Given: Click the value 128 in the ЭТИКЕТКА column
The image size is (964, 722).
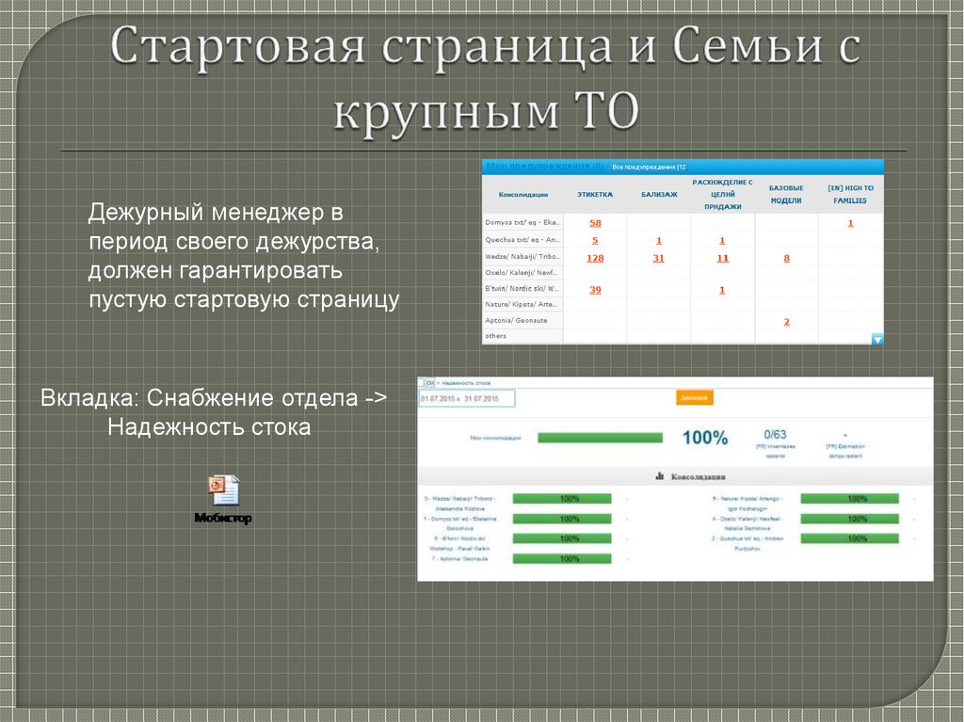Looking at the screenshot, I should [595, 257].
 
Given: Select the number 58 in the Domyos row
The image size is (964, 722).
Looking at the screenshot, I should [595, 223].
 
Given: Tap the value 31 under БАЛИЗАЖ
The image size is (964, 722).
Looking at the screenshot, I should [659, 257].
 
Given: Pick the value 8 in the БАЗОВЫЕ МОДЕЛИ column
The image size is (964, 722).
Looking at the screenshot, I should [786, 257].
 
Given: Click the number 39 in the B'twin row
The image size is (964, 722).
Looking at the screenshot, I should [595, 290].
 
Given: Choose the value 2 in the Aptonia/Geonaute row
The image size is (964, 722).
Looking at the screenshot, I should [786, 322].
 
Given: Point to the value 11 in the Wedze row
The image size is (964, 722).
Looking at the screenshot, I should [722, 257].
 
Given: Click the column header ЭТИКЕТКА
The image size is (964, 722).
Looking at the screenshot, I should [595, 194].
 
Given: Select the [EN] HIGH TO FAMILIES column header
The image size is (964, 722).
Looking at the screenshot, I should [850, 194].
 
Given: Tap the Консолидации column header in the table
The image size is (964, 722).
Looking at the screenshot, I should [522, 194].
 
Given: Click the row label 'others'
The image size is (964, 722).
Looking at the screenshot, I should [495, 336].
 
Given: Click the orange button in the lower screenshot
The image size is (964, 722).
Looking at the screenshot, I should [694, 397].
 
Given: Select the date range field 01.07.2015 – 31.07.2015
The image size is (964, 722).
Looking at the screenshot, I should [467, 398].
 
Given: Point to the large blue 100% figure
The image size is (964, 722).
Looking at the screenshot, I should [704, 438].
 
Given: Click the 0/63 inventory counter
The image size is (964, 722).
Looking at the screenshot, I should [775, 435].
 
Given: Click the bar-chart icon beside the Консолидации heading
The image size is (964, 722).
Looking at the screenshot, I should [660, 476].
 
